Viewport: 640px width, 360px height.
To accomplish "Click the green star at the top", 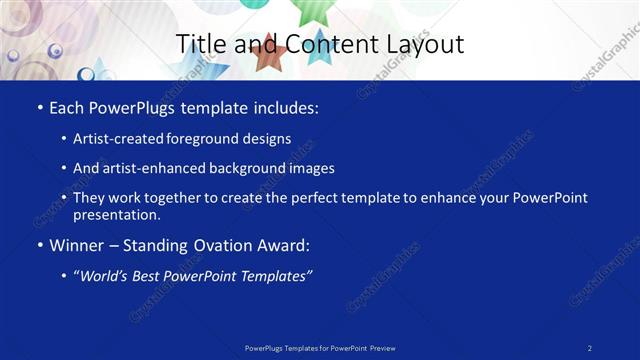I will tap(309, 9).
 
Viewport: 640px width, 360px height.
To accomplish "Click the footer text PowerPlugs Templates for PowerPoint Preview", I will tap(320, 347).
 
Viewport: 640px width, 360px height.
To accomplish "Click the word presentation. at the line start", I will tap(116, 214).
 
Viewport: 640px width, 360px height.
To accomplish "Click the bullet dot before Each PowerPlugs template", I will tap(39, 107).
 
